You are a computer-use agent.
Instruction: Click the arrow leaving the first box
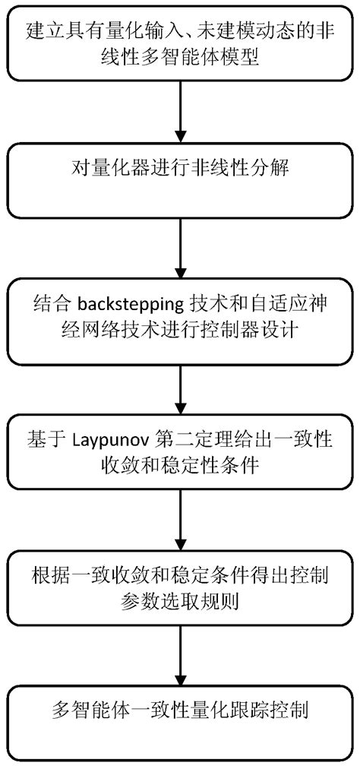(179, 111)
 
